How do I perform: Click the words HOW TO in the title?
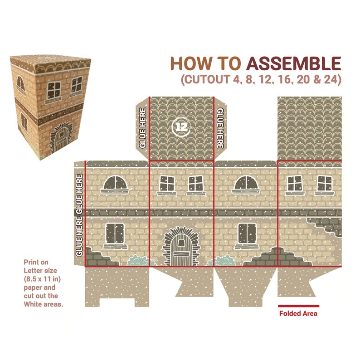[x=206, y=63]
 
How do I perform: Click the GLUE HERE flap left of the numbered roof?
[x=142, y=128]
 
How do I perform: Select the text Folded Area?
[x=298, y=313]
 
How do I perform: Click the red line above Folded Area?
[x=298, y=306]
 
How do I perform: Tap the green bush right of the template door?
[x=223, y=261]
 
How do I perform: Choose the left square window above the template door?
[x=167, y=184]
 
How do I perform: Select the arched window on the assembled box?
[x=21, y=83]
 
